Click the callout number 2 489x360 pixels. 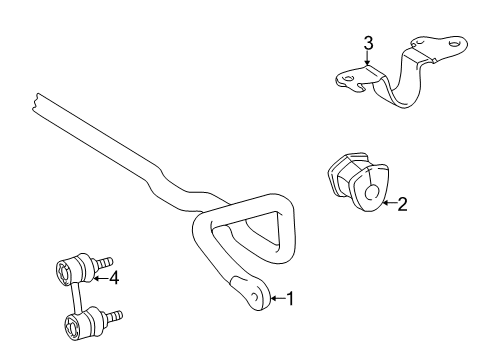tap(402, 205)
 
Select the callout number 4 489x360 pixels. tap(115, 278)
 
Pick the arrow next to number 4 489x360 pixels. tap(100, 278)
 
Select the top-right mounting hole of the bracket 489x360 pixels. tap(455, 44)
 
